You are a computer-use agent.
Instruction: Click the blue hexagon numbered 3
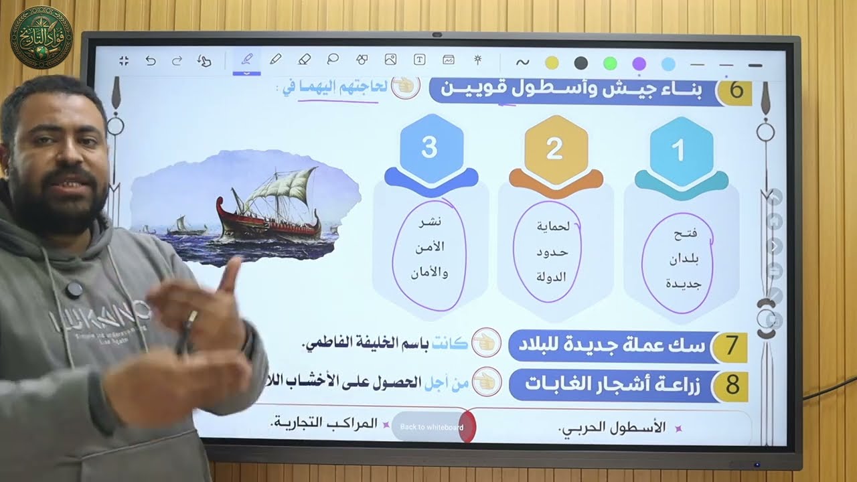click(x=429, y=148)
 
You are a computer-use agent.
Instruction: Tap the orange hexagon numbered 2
click(x=554, y=149)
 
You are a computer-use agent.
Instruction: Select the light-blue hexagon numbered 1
click(x=679, y=150)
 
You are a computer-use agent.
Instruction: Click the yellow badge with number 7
click(x=730, y=346)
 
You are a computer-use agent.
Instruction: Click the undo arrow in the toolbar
click(x=151, y=61)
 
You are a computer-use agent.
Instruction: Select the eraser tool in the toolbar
click(x=304, y=60)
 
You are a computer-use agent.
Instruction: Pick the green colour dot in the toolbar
click(x=609, y=63)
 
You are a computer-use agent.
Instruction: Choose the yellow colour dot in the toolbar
click(x=552, y=63)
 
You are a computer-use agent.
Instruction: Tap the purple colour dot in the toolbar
click(x=639, y=63)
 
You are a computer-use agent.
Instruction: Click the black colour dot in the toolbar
click(x=580, y=63)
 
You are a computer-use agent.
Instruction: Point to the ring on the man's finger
click(x=192, y=317)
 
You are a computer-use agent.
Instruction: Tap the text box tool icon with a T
click(x=420, y=60)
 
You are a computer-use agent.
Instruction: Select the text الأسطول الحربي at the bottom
click(x=612, y=427)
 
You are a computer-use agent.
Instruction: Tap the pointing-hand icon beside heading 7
click(x=486, y=343)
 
